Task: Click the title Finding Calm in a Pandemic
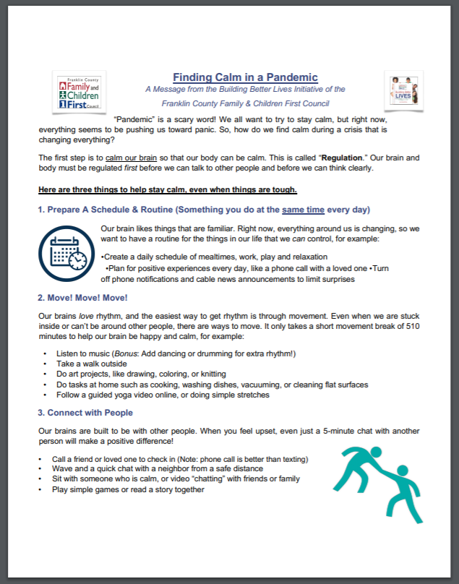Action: point(245,77)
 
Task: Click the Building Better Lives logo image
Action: point(403,93)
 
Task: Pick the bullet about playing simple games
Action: point(128,489)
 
